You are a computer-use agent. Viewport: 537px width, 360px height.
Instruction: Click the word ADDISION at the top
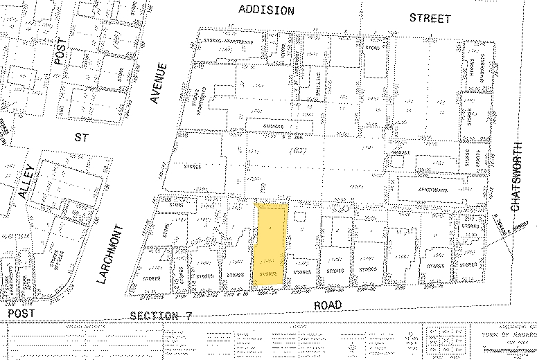(267, 10)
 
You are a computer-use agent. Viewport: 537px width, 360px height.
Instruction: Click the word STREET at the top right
(430, 18)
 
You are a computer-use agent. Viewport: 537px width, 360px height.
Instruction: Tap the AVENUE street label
(161, 83)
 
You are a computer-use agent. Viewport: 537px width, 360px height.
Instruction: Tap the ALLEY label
(26, 182)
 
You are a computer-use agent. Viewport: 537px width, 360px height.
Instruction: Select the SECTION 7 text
(161, 316)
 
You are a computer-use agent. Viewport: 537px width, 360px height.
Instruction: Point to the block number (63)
(299, 150)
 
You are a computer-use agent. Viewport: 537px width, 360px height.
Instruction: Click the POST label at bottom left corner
(17, 314)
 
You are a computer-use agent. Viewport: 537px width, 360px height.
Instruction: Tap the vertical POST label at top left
(59, 67)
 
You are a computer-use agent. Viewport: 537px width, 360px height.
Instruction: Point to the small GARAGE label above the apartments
(403, 152)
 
